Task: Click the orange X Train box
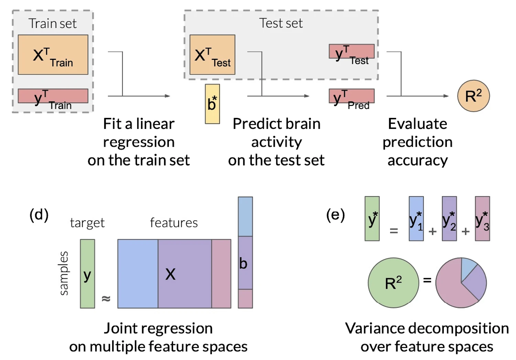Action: (53, 55)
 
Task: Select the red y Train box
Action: (53, 96)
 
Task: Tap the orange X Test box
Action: (212, 55)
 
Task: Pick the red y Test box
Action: (352, 51)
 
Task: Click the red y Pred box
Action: (352, 96)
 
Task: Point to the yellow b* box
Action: (212, 104)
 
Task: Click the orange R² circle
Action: (473, 96)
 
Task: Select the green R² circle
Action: (393, 283)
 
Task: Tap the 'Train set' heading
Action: (52, 23)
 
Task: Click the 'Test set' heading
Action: (281, 23)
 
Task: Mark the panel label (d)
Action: (39, 215)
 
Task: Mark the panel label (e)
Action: (335, 215)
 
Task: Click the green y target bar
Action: (87, 274)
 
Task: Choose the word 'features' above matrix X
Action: (174, 223)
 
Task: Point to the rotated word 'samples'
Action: (64, 273)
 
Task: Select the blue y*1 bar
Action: (416, 219)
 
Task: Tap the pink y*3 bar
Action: (482, 219)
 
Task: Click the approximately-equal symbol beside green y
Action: (106, 298)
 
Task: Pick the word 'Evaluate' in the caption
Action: (417, 124)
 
